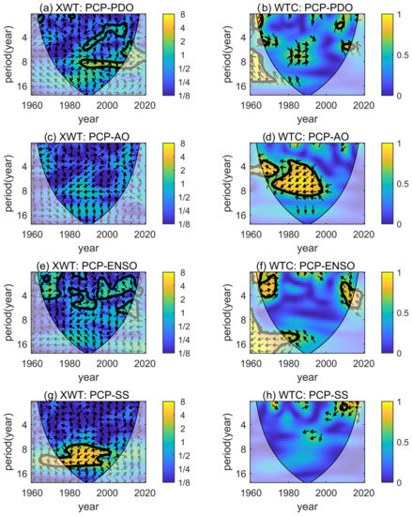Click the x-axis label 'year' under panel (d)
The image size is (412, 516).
pyautogui.click(x=298, y=247)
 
